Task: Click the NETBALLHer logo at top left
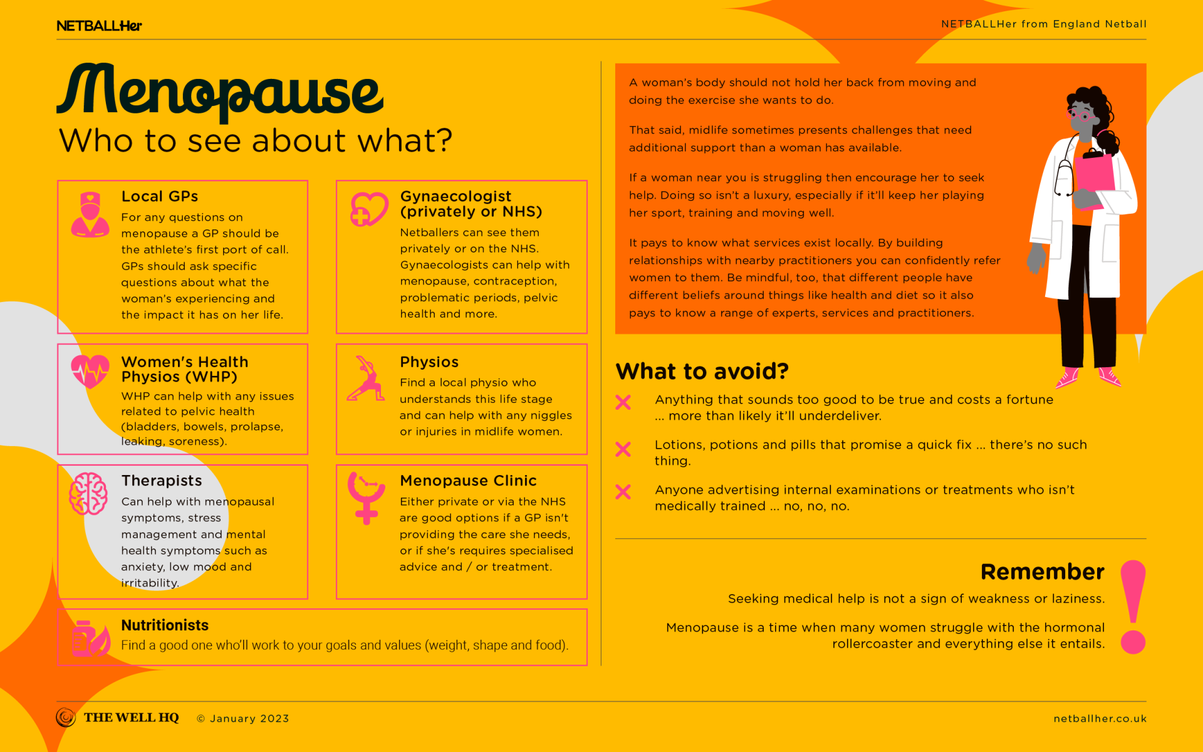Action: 99,26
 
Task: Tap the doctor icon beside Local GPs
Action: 90,215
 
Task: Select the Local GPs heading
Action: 160,197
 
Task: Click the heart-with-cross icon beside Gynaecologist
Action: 368,209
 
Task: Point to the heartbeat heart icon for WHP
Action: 90,371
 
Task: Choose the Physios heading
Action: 429,362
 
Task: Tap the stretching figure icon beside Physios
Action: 366,379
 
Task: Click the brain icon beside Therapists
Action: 88,493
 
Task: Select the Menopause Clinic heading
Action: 468,481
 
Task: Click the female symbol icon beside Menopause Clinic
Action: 367,498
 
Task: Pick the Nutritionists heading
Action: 165,625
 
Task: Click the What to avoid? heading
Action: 702,372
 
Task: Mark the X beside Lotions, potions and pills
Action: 623,449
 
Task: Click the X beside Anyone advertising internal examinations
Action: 623,492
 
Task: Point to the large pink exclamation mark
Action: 1133,606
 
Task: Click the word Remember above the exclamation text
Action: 1042,572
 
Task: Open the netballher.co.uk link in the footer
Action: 1100,719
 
